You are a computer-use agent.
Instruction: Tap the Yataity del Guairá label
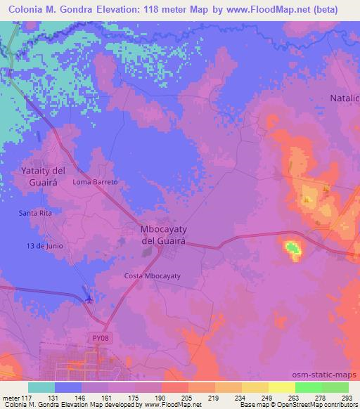(x=43, y=176)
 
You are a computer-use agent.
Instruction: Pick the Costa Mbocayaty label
(x=153, y=276)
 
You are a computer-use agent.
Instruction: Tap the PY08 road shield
(x=101, y=338)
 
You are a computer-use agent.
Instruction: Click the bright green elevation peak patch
(x=292, y=247)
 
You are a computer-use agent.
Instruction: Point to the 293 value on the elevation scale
(x=347, y=397)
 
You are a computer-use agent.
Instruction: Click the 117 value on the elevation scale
(x=29, y=397)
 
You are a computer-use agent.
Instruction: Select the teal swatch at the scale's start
(x=41, y=387)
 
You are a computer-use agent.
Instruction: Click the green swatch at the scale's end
(x=335, y=387)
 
